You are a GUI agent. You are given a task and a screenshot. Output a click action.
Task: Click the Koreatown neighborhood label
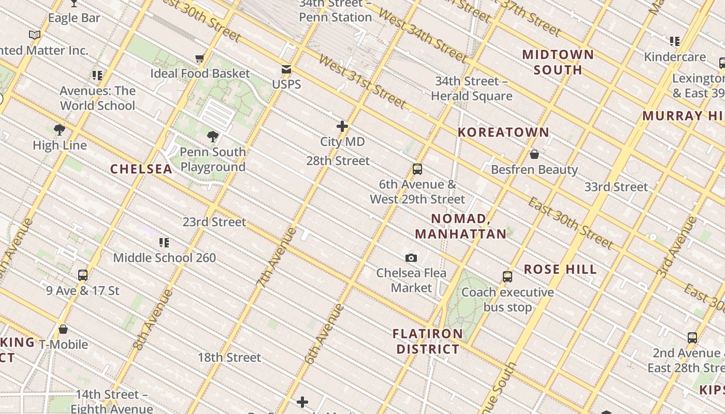click(503, 132)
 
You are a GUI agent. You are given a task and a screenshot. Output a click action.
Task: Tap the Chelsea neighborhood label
click(141, 169)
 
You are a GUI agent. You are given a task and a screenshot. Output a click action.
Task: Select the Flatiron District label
click(428, 342)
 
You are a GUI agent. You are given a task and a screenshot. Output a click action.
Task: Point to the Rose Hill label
click(560, 270)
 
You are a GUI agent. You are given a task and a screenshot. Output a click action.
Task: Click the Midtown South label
click(558, 62)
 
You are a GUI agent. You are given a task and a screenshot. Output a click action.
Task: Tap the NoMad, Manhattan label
click(460, 226)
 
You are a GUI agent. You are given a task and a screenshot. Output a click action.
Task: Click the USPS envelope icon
click(286, 70)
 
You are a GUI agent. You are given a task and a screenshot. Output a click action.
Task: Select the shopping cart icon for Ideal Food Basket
click(199, 58)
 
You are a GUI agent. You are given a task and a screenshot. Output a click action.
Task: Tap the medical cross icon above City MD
click(342, 126)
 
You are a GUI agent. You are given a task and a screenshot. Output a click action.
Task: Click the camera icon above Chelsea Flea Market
click(411, 257)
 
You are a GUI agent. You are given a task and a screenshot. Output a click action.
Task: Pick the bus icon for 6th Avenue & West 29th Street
click(417, 169)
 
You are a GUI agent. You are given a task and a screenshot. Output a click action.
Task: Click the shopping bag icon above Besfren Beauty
click(534, 154)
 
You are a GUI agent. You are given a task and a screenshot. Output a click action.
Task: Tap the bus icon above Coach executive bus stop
click(508, 277)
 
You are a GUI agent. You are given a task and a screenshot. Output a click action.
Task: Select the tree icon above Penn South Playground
click(212, 137)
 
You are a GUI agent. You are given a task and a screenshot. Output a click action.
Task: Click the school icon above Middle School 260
click(164, 242)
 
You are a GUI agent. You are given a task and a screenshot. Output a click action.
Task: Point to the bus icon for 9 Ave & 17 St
click(83, 275)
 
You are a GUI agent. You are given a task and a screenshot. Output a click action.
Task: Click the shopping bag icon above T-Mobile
click(63, 329)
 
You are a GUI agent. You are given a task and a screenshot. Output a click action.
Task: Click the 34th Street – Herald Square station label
click(471, 88)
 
